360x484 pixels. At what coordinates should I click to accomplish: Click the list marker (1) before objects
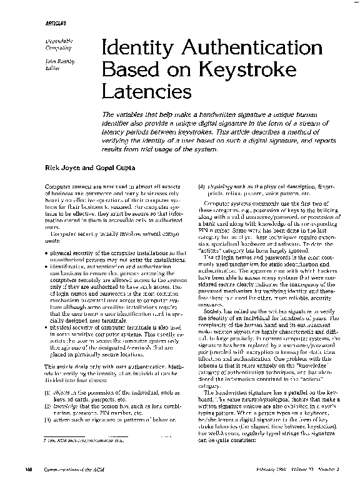tap(47, 410)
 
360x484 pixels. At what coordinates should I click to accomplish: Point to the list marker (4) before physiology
tap(201, 187)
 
